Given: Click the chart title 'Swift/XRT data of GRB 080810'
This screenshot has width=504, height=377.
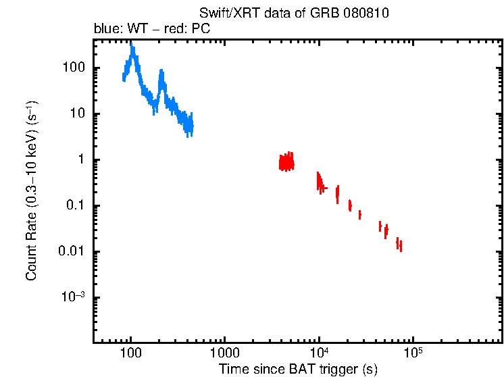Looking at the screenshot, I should pos(294,14).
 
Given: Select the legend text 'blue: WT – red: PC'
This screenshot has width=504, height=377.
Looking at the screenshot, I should pos(151,30).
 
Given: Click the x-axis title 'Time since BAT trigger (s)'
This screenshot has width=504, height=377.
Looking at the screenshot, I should pos(298,369).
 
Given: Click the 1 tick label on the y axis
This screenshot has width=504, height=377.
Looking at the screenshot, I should pos(80,160).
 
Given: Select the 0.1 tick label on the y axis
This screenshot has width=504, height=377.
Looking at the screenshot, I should pos(76,206).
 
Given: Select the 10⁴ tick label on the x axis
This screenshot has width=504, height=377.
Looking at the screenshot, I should pos(318,353).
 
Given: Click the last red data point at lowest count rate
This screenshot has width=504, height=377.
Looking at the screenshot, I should pos(401,247).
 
